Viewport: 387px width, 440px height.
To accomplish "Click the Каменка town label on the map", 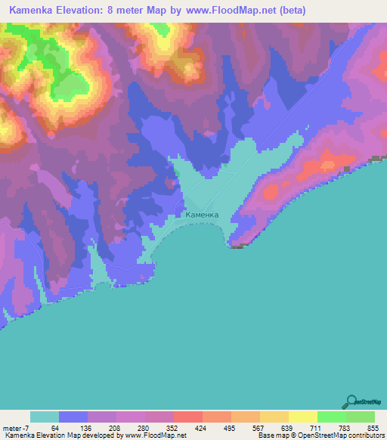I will [x=202, y=215].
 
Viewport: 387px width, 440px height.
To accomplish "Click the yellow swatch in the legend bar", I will [x=302, y=417].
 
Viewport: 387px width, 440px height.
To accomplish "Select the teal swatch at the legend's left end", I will [x=45, y=417].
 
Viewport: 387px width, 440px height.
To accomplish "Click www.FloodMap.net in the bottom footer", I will [x=152, y=435].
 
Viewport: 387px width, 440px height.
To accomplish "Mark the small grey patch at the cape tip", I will [x=237, y=246].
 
